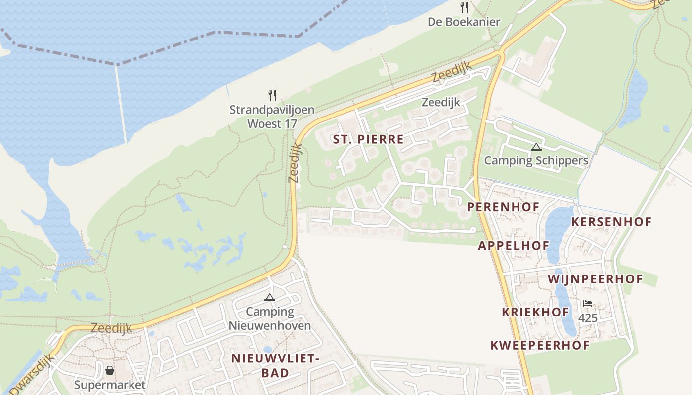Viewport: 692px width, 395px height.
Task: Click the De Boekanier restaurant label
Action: click(x=464, y=22)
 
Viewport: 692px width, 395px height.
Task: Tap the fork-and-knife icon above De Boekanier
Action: click(x=464, y=7)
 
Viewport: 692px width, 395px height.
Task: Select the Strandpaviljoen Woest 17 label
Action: click(x=272, y=117)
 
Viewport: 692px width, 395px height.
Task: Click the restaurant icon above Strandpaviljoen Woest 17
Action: click(x=272, y=95)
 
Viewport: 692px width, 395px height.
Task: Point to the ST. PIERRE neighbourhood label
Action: click(x=368, y=139)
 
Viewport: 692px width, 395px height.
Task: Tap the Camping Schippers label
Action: click(x=536, y=160)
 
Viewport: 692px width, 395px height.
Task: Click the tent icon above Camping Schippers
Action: click(x=536, y=147)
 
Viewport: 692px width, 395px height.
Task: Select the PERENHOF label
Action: click(x=503, y=207)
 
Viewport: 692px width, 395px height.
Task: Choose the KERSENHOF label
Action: click(x=611, y=222)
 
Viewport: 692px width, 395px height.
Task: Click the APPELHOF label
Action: click(x=513, y=246)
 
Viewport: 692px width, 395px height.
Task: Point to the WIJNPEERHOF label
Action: click(x=595, y=279)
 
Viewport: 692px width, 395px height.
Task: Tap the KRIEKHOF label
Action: click(x=535, y=312)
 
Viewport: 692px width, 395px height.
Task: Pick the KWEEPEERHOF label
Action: click(x=540, y=345)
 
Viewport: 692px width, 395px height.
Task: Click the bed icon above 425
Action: click(x=588, y=303)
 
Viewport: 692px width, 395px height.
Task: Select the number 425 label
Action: click(x=588, y=318)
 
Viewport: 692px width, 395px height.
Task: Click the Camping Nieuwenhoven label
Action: click(x=270, y=318)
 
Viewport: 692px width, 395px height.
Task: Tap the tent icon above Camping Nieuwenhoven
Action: click(x=269, y=297)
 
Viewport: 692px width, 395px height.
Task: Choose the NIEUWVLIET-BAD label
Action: click(x=273, y=365)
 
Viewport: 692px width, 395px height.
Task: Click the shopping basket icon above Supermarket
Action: click(x=110, y=370)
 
